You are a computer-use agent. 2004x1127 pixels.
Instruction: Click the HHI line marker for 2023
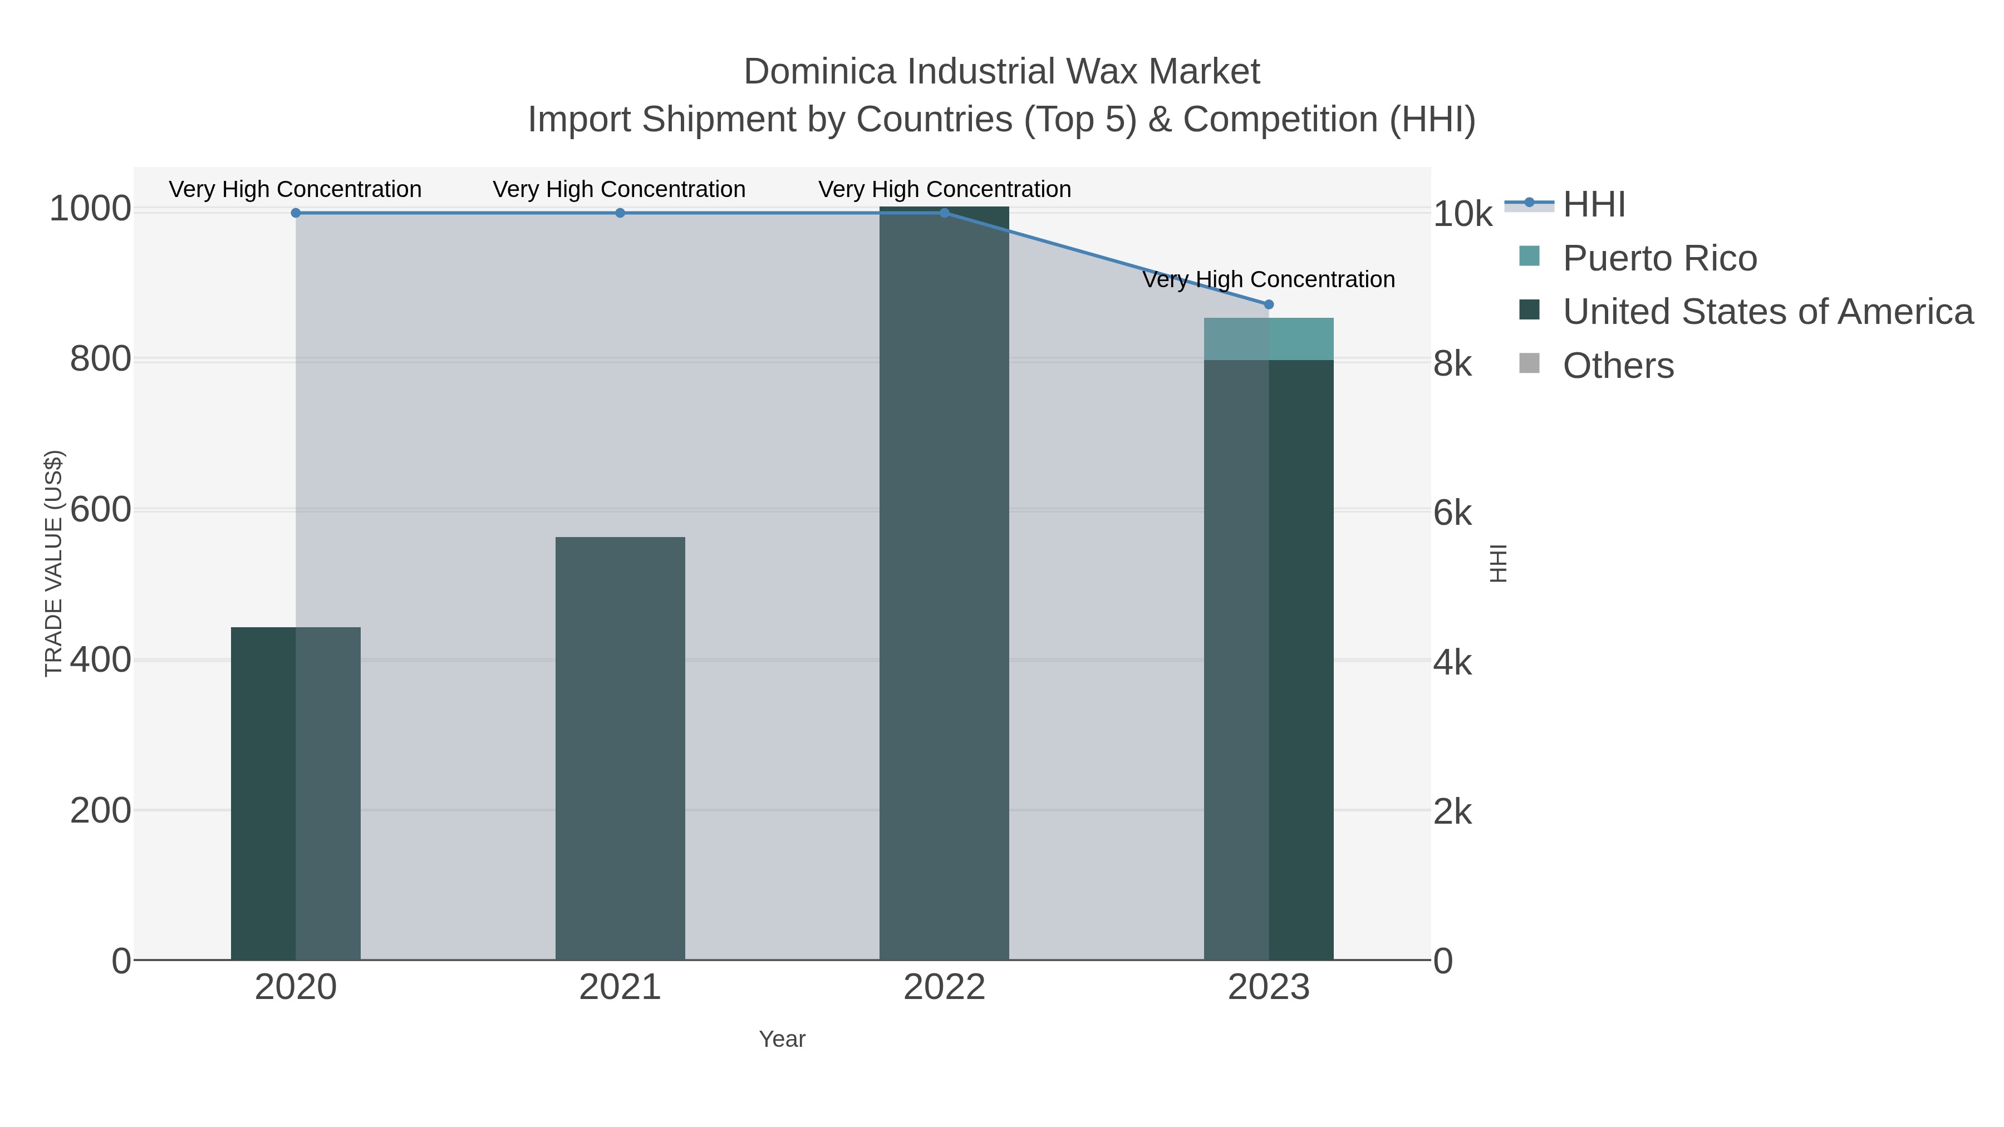(1269, 304)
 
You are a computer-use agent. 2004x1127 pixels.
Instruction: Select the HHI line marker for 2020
(296, 213)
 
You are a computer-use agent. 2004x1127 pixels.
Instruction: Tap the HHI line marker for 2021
(620, 213)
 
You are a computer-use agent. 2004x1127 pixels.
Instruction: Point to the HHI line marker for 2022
(945, 213)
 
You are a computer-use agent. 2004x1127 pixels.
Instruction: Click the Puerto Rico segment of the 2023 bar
(1269, 339)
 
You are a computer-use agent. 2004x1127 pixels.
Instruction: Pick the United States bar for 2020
(296, 793)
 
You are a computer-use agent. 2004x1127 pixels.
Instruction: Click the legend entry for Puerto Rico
(1659, 258)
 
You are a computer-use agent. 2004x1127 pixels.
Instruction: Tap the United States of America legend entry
(1767, 312)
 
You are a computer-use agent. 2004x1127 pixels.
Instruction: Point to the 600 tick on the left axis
(100, 510)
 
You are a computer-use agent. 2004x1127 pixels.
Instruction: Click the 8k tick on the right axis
(1452, 363)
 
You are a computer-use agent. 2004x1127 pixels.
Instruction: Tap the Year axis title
(782, 1039)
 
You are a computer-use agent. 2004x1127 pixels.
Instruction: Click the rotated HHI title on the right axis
(1497, 563)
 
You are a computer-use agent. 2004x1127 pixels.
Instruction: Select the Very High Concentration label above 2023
(1269, 279)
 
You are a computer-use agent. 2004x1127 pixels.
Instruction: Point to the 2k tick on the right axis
(1452, 812)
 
